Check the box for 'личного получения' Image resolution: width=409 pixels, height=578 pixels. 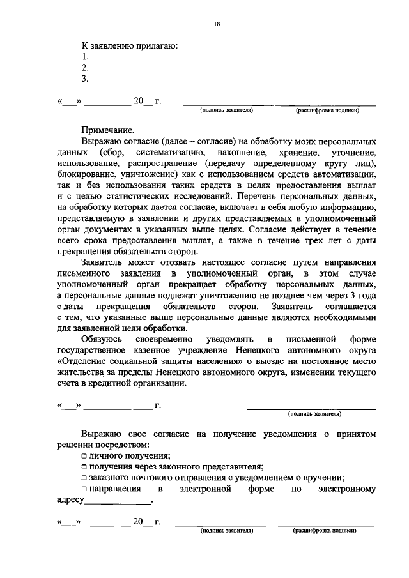[84, 456]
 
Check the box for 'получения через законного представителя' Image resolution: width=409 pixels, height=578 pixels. [84, 468]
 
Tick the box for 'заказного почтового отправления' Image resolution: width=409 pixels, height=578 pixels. [84, 479]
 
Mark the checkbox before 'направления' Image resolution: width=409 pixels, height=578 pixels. [84, 491]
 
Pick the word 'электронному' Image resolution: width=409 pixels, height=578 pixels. [347, 490]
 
